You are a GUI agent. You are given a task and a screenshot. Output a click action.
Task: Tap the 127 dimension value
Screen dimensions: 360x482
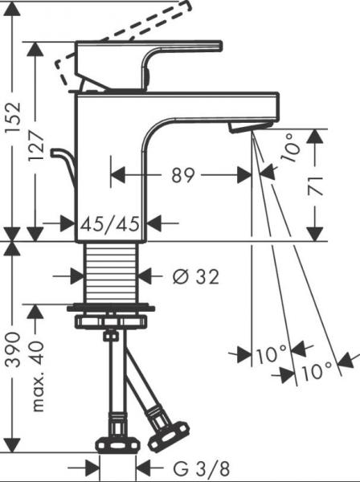(x=35, y=145)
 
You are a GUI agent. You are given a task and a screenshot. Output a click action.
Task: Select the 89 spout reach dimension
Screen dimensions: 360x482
(x=183, y=175)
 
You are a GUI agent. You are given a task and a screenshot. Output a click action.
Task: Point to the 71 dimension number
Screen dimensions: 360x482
(x=316, y=186)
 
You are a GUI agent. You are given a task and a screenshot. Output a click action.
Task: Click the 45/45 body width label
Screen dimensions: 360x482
(x=110, y=223)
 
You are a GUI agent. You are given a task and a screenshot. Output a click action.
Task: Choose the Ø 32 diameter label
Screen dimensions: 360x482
(x=196, y=276)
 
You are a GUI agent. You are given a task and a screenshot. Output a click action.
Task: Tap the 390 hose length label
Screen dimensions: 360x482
(x=13, y=350)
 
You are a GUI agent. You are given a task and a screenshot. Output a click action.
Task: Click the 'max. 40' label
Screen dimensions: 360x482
(x=38, y=375)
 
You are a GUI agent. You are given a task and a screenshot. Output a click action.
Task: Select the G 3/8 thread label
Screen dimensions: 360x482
(x=202, y=468)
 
